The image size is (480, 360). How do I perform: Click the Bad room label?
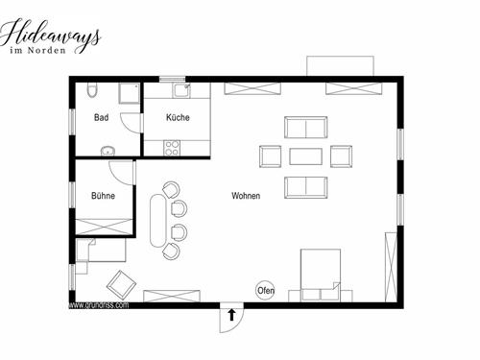tap(101, 117)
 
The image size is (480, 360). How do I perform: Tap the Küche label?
tap(178, 117)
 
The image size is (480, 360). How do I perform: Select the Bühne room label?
tap(103, 196)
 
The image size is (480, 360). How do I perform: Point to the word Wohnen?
tap(246, 196)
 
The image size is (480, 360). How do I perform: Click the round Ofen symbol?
tap(265, 290)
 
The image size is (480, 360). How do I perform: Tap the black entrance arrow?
tap(231, 315)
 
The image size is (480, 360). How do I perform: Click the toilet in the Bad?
tap(91, 89)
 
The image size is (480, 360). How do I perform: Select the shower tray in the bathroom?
tap(130, 93)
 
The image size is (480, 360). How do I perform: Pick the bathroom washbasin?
tap(108, 151)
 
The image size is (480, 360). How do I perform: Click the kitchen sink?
tap(181, 90)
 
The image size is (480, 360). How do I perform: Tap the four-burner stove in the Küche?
tap(172, 148)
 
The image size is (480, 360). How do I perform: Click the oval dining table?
tap(158, 221)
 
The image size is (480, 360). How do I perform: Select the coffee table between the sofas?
tap(305, 156)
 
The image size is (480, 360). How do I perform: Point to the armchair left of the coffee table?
tap(271, 156)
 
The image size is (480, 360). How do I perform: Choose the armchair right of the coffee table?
tap(341, 156)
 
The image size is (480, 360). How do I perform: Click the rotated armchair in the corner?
tap(121, 285)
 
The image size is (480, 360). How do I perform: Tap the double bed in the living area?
tap(320, 276)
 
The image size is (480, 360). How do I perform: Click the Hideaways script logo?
tap(50, 36)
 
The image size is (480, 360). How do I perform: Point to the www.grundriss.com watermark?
tap(99, 305)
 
